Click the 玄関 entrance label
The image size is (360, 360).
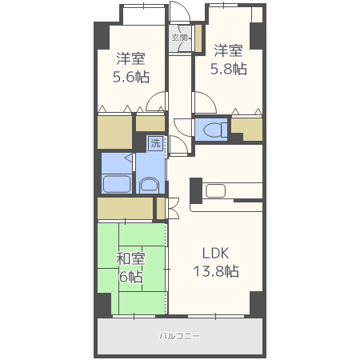[179, 38]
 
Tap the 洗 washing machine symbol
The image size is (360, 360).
[155, 143]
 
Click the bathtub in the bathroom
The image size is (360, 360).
[117, 183]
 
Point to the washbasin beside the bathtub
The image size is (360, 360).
[150, 185]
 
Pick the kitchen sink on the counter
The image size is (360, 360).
[216, 191]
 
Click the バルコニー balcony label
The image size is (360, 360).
[179, 336]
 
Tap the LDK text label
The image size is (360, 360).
[215, 253]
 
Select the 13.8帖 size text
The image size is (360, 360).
[216, 271]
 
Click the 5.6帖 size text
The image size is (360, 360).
[131, 77]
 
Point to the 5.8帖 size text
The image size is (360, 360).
[229, 69]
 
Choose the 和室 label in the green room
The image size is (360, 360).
[130, 258]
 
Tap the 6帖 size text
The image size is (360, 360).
[130, 277]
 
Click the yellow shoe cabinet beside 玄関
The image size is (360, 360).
[198, 38]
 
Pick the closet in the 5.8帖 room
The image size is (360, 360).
[246, 130]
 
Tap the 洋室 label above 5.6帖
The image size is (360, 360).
[130, 58]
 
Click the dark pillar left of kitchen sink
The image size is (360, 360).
[196, 191]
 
